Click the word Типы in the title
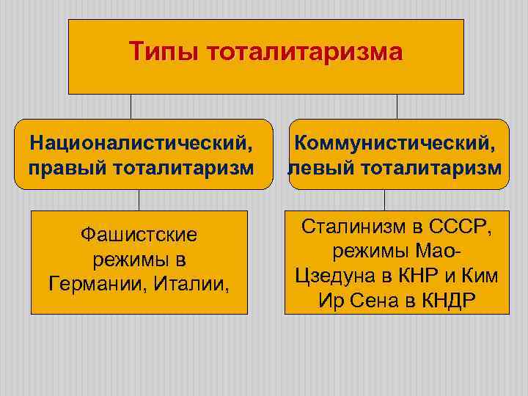coord(164,52)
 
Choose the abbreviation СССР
coord(462,226)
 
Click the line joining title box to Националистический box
coord(131,106)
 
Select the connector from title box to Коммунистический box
coord(397,106)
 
